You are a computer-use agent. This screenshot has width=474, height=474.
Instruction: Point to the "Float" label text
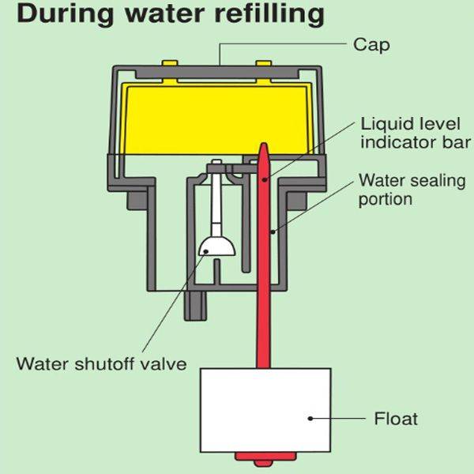394,418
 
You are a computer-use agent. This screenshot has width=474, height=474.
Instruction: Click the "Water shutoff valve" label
102,364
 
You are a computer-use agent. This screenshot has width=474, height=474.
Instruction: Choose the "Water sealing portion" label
412,190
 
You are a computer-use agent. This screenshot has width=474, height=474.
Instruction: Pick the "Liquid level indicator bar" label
415,134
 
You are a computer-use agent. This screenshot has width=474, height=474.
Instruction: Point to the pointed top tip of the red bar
263,147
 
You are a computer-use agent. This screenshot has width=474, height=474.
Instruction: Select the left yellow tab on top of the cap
171,63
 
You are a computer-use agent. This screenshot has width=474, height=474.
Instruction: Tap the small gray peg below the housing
194,305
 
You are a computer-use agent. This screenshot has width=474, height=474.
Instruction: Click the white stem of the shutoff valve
214,201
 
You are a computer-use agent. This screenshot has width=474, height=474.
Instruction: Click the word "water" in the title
162,15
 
